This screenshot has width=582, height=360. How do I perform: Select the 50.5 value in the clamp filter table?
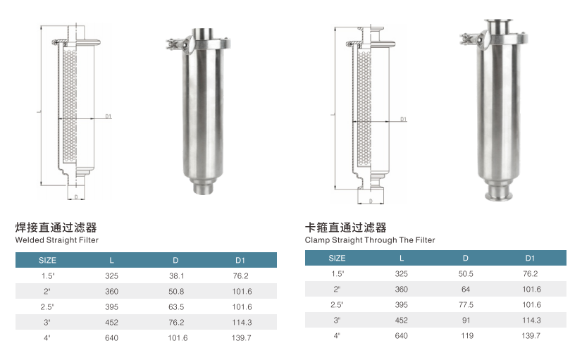point(465,273)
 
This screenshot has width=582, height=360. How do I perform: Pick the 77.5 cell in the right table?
point(465,304)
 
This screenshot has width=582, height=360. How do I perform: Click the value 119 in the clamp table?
point(465,335)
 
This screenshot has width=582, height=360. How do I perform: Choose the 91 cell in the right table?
point(465,320)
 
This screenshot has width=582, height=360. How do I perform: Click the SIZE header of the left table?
point(47,260)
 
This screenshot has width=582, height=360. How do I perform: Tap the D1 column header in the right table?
point(531,258)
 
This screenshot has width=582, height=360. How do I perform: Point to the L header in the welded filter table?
point(111,260)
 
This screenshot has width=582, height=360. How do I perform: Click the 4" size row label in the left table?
point(47,337)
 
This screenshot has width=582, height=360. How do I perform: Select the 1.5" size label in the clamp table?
point(337,273)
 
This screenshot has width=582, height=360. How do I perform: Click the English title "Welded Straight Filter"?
point(57,240)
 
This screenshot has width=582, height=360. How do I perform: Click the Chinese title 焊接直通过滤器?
point(56,228)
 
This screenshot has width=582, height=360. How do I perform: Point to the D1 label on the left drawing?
point(109,116)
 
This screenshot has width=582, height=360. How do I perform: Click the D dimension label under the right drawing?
point(370,201)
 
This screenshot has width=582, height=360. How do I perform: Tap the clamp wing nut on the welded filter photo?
point(172,46)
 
